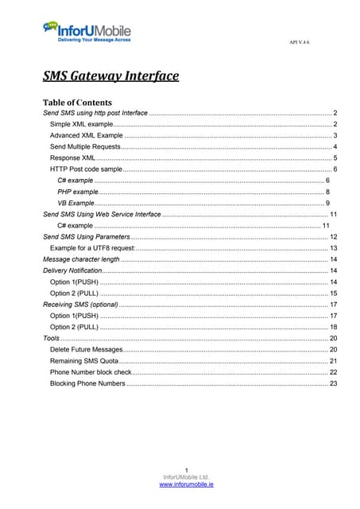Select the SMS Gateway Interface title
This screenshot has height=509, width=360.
110,76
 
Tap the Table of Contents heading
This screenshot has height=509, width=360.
77,103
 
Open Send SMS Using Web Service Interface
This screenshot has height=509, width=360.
102,215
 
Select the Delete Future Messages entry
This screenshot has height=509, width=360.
87,349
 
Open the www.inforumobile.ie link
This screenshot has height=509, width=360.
180,484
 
